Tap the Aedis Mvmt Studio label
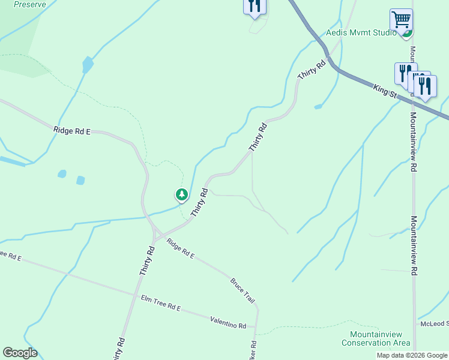[x=361, y=33]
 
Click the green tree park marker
[x=181, y=194]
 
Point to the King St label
[x=385, y=91]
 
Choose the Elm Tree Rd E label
[x=161, y=302]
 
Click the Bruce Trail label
[x=243, y=291]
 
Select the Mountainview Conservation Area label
[x=376, y=338]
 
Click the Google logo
[x=20, y=353]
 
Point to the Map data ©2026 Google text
[x=412, y=355]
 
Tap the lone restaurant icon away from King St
[x=255, y=7]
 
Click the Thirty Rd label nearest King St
[x=311, y=70]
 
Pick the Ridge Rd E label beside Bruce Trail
[x=181, y=248]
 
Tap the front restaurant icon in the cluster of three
[x=425, y=86]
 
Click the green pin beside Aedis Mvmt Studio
[x=408, y=33]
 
